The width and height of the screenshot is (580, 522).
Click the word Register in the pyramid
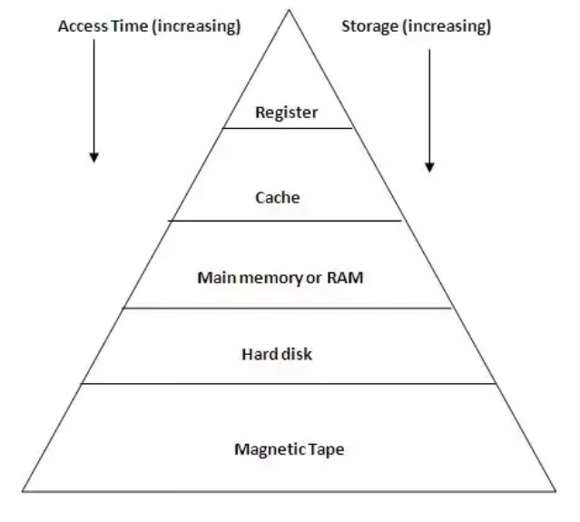click(287, 113)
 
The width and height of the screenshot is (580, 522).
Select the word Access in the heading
click(79, 26)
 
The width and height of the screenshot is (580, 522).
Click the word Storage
click(369, 26)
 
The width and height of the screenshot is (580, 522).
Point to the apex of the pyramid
click(290, 10)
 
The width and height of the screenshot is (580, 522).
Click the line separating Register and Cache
click(287, 128)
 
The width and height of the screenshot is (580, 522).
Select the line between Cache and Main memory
click(286, 221)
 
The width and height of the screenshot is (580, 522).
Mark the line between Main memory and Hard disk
click(287, 308)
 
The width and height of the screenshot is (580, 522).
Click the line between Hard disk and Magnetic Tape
click(287, 383)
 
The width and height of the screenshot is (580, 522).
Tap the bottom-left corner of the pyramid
click(23, 492)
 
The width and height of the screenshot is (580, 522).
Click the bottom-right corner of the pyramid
click(555, 492)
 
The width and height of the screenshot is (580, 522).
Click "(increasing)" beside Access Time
click(197, 26)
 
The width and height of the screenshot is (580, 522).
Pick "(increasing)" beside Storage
click(446, 26)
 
